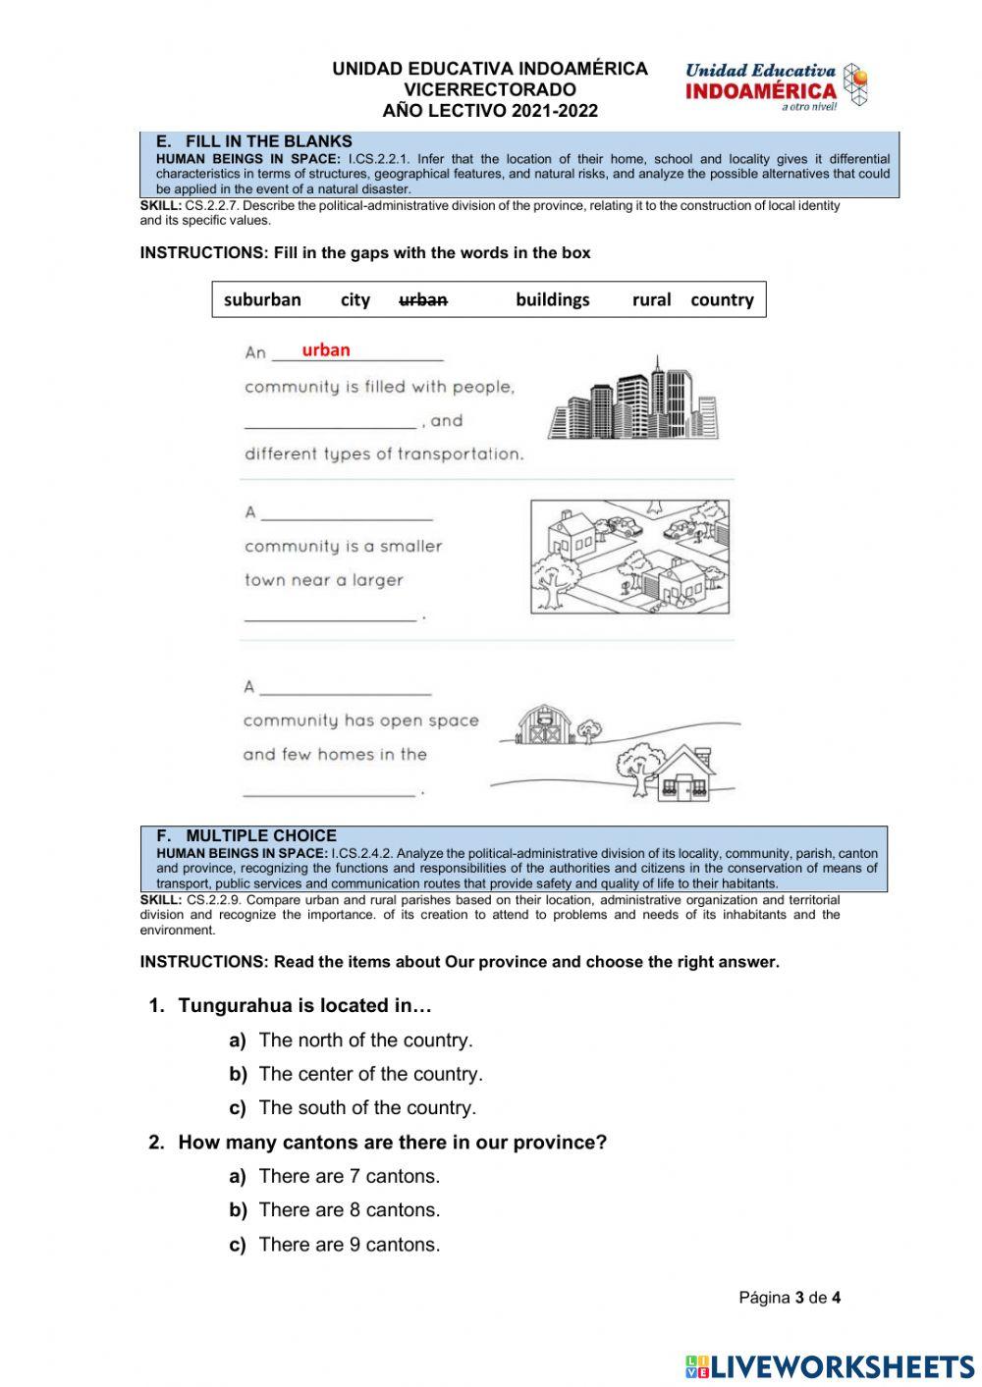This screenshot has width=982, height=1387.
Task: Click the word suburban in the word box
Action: point(262,300)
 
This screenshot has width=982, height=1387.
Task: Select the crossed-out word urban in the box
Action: point(423,300)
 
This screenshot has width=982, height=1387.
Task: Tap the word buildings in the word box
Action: point(552,300)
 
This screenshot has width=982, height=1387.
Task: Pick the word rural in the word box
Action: point(651,300)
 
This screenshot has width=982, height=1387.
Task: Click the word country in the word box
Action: point(722,300)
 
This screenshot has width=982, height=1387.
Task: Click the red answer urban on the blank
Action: point(326,350)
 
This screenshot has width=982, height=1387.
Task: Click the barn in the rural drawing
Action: point(543,724)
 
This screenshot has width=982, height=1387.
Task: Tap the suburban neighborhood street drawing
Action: point(629,557)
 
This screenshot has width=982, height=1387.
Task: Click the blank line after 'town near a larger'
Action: point(330,616)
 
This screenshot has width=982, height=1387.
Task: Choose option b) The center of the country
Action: point(370,1074)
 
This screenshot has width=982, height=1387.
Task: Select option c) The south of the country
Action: point(366,1108)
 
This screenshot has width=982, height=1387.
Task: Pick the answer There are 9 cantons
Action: point(349,1245)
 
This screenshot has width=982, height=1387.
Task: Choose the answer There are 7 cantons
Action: point(349,1176)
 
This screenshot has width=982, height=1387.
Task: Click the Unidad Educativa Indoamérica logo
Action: point(776,86)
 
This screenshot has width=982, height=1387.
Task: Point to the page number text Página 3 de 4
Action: point(789,1298)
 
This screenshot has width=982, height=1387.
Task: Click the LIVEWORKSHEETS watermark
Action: point(830,1366)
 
